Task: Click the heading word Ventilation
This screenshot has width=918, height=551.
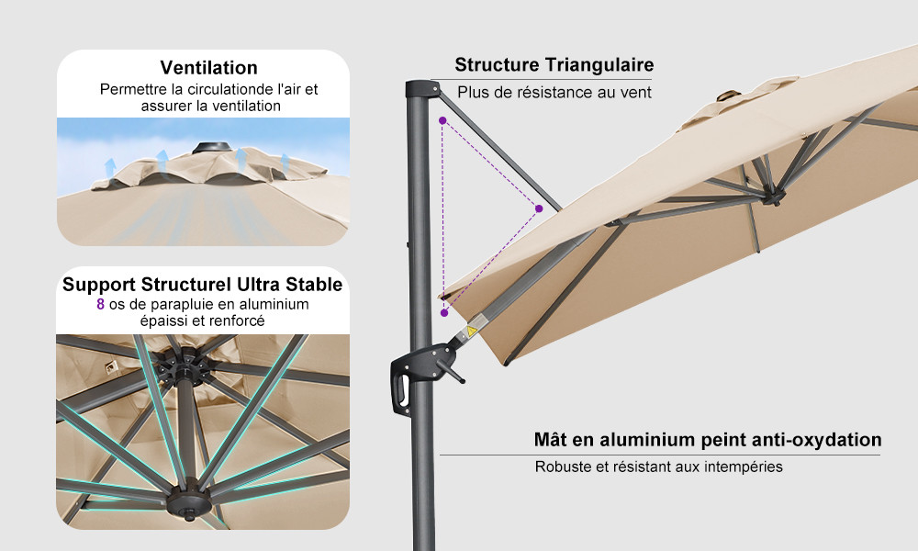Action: [208, 67]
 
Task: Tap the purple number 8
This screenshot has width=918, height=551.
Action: [101, 304]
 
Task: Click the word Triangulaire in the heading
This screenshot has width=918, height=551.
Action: [599, 65]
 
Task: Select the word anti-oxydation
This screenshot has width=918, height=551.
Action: [816, 440]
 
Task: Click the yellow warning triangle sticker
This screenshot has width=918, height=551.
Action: [471, 331]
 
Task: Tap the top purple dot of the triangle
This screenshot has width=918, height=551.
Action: [442, 120]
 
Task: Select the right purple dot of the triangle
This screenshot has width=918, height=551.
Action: [539, 208]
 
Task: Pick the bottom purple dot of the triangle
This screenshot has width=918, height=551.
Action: [444, 313]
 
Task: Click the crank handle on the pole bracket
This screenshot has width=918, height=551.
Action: [450, 370]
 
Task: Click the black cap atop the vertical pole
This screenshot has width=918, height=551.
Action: [422, 89]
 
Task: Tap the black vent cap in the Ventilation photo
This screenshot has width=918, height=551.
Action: [211, 148]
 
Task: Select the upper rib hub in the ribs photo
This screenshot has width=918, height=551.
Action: [184, 365]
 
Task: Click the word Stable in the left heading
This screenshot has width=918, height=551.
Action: [314, 285]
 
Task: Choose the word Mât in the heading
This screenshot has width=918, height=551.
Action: [550, 440]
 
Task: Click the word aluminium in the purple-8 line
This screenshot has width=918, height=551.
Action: [274, 304]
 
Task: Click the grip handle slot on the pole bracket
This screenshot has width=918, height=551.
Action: [403, 389]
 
